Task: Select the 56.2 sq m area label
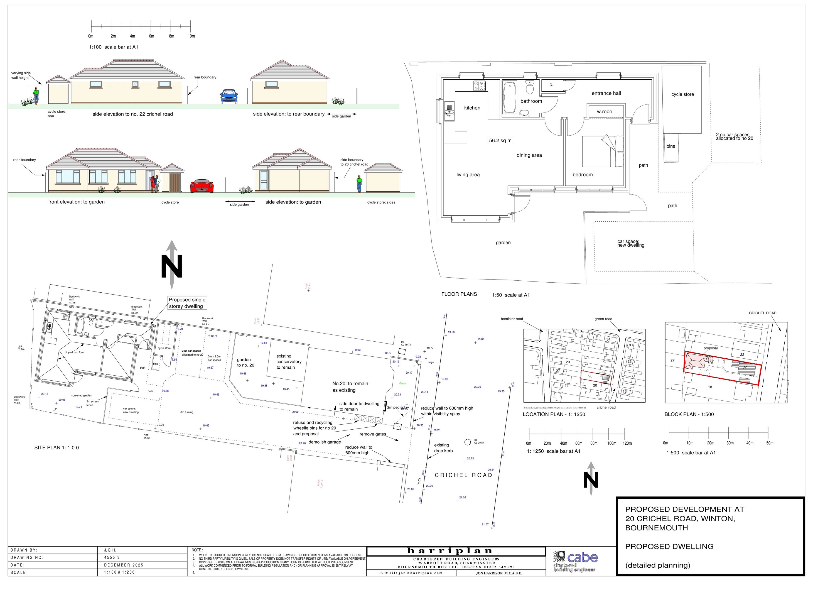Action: [500, 140]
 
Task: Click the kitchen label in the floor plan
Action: [472, 108]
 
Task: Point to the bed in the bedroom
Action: [603, 151]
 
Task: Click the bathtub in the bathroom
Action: [509, 97]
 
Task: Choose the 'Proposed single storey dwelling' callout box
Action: [187, 303]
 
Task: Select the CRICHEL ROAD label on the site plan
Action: [463, 475]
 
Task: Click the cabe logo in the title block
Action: [575, 562]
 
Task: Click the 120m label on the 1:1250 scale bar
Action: [627, 444]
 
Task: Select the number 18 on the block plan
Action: [710, 387]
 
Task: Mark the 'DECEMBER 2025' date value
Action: [124, 565]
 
